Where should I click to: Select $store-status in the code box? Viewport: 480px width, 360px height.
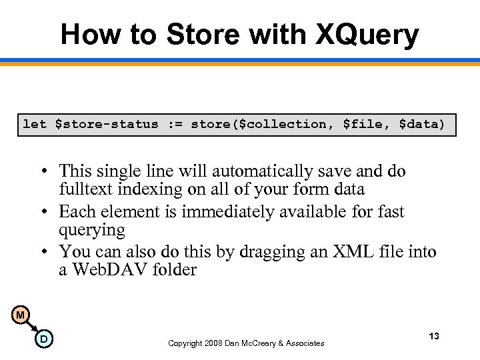pyautogui.click(x=107, y=124)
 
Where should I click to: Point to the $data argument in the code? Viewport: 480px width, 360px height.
pyautogui.click(x=417, y=124)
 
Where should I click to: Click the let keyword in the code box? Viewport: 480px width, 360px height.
pyautogui.click(x=35, y=124)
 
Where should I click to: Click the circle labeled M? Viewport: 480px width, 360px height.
pyautogui.click(x=21, y=315)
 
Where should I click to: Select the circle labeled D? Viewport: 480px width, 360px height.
pyautogui.click(x=43, y=340)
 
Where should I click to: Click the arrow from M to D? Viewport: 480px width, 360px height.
pyautogui.click(x=31, y=327)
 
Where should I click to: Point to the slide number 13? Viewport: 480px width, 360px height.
pyautogui.click(x=434, y=336)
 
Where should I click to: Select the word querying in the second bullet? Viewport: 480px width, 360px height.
pyautogui.click(x=92, y=230)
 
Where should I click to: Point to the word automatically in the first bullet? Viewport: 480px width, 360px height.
pyautogui.click(x=239, y=171)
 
